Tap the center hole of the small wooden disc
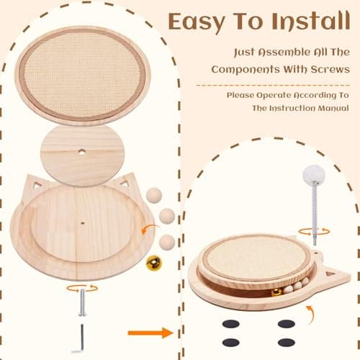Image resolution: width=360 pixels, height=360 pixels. click(81, 152)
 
